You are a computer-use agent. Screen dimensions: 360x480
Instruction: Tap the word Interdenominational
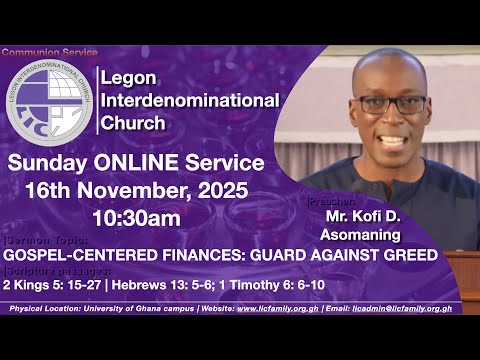tap(190, 102)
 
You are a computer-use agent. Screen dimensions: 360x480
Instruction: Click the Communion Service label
tap(50, 51)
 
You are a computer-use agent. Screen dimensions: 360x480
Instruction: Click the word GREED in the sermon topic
tap(408, 255)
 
